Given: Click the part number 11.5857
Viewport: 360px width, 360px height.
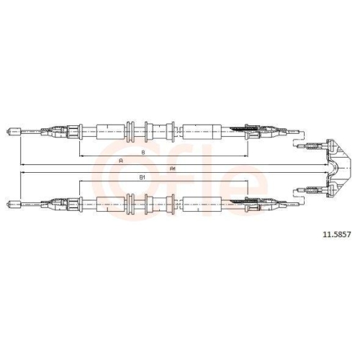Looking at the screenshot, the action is [337, 235].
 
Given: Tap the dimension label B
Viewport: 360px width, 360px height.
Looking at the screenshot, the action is [143, 152].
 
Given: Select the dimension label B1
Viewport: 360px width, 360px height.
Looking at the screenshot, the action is [143, 178].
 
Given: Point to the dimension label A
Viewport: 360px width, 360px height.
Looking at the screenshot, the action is [121, 161].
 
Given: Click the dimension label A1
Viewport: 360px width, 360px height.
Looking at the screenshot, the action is [173, 169].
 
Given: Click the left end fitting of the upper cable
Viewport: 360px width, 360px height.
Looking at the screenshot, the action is [14, 132].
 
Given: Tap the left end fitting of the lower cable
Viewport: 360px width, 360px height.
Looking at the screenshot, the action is [14, 204].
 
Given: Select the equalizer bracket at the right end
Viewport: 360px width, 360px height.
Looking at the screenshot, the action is [338, 168].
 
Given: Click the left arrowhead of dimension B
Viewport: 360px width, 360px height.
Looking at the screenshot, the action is [81, 156].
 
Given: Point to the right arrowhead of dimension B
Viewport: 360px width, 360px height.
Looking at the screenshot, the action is [246, 156].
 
